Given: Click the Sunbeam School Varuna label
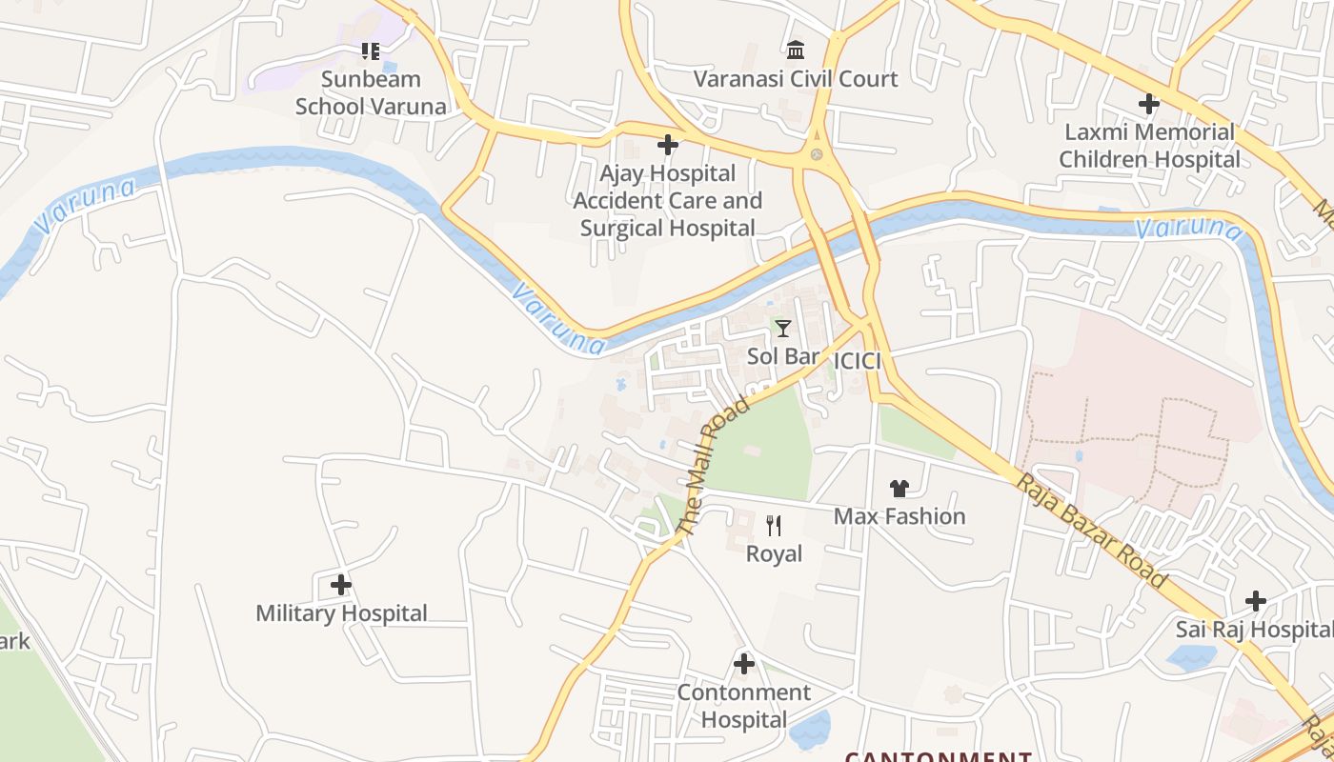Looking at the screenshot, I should (371, 92).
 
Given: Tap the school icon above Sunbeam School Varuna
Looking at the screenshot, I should (371, 50).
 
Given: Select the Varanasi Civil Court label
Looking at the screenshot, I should (796, 79).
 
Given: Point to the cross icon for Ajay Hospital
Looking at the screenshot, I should (668, 145).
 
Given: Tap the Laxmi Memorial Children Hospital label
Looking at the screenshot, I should (1150, 145).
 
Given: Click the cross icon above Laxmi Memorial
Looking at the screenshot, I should (1149, 103).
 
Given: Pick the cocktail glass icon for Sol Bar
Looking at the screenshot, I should (782, 329).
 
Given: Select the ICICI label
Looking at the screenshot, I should (857, 362).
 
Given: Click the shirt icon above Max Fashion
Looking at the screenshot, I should (899, 489).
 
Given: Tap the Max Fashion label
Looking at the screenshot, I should (899, 516).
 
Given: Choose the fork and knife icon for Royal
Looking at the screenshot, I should (774, 525).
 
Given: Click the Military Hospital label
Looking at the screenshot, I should (341, 613).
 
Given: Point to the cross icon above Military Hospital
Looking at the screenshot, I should (341, 584).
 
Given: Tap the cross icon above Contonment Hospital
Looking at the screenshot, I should (744, 664).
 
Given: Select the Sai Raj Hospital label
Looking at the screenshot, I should (1253, 630).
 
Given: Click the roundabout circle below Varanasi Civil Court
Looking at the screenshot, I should (816, 154).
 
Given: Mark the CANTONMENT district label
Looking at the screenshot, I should (939, 756).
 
